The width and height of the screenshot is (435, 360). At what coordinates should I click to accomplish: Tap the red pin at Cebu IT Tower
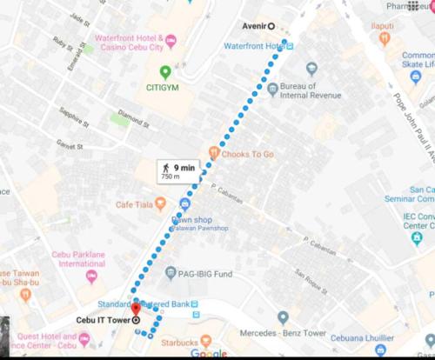pyautogui.click(x=136, y=310)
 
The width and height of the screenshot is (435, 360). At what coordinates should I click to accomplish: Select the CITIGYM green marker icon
pyautogui.click(x=164, y=72)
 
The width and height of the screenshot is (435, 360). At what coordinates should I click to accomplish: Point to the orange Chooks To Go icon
pyautogui.click(x=212, y=154)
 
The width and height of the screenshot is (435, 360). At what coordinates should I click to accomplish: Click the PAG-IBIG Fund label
pyautogui.click(x=205, y=275)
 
